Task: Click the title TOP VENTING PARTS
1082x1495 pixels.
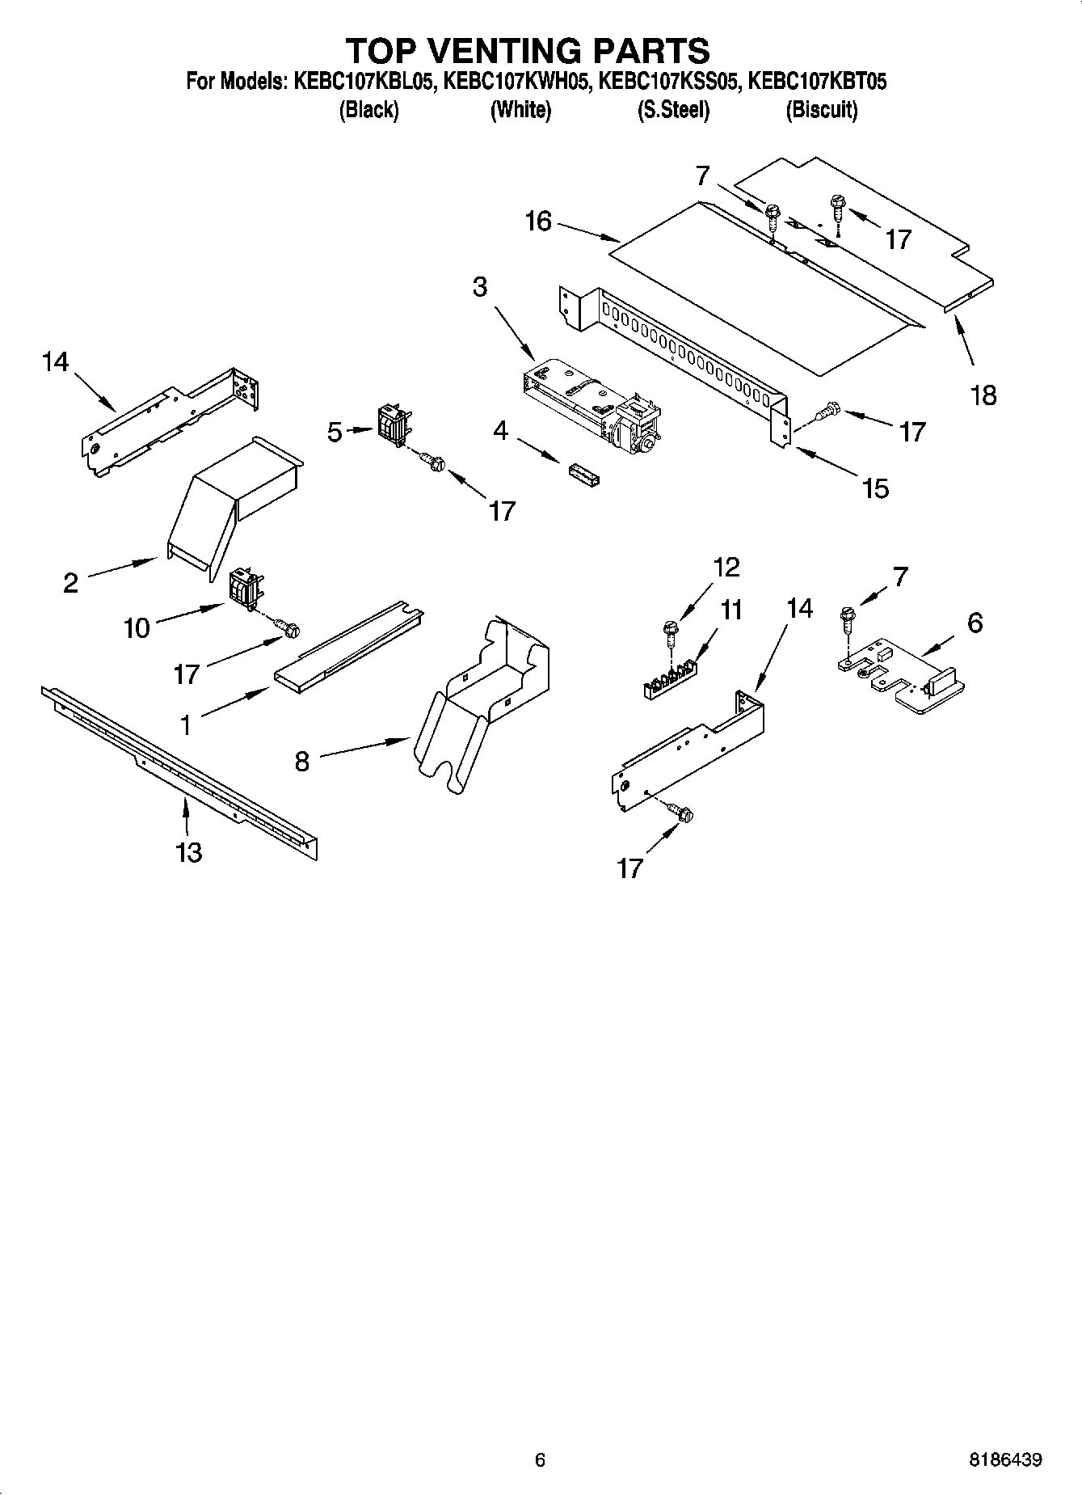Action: [x=528, y=50]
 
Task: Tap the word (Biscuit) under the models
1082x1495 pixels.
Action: [x=821, y=110]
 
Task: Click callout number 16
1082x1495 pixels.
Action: [x=538, y=221]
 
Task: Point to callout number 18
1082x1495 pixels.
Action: [x=983, y=395]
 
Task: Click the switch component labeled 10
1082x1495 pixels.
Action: [x=244, y=588]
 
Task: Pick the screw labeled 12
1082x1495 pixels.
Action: [x=670, y=629]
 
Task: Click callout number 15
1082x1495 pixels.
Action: [x=875, y=488]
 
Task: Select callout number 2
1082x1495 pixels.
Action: [x=71, y=582]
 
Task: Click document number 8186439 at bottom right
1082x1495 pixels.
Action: [x=1004, y=1459]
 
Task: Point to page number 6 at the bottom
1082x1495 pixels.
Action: [x=540, y=1459]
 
